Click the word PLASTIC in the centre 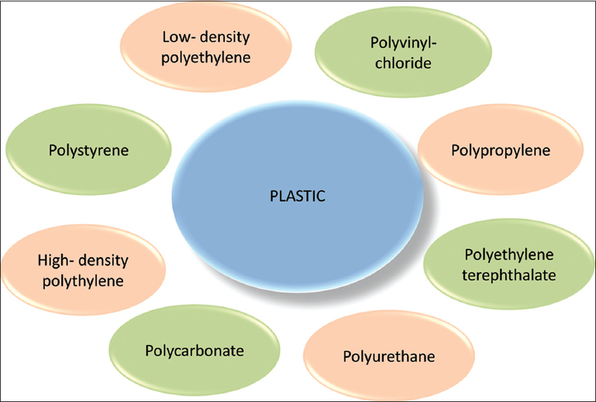click(297, 196)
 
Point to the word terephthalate click(510, 275)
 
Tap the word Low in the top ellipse click(174, 37)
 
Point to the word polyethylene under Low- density click(205, 57)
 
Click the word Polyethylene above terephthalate click(510, 254)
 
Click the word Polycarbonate click(194, 350)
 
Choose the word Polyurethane click(389, 356)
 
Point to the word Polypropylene click(500, 150)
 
